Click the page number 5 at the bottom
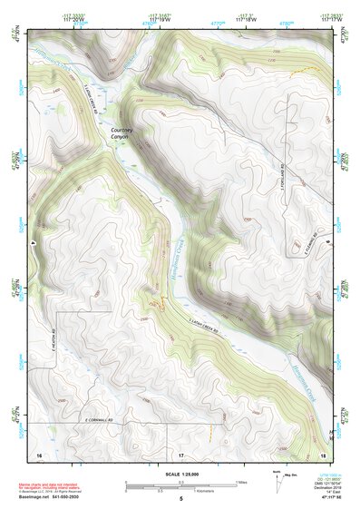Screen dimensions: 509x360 coord(180,498)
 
